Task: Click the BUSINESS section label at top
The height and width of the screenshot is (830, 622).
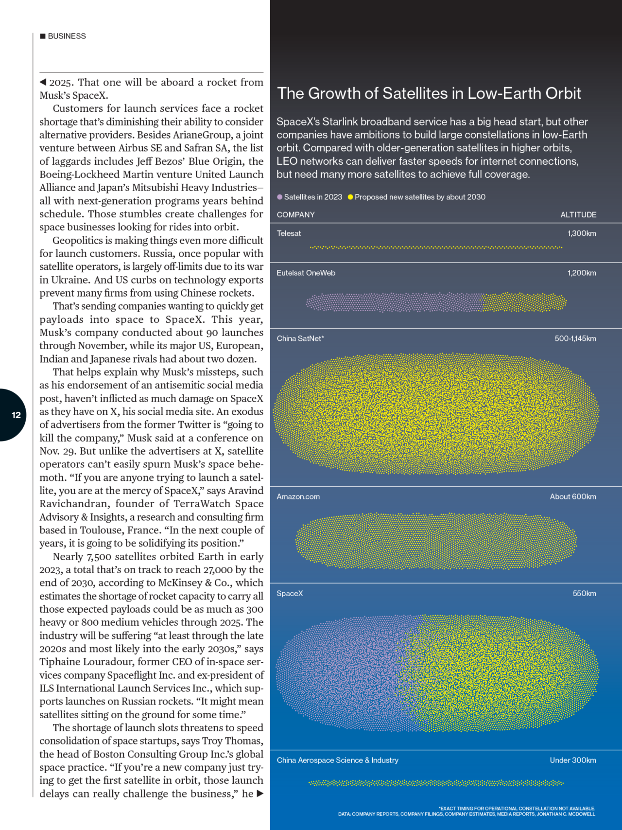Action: click(67, 36)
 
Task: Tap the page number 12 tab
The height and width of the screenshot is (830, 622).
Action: click(16, 415)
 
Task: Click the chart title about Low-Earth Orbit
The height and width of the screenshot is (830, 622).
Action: click(429, 93)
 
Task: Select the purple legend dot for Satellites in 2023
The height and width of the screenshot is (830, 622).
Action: click(280, 197)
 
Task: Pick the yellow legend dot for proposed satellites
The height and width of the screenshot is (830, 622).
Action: click(350, 197)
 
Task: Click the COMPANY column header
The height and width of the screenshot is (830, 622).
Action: click(295, 214)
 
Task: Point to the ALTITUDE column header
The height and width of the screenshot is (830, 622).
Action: click(578, 214)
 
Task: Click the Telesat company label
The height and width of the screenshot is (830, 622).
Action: click(289, 233)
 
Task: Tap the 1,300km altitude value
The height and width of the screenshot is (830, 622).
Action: click(582, 233)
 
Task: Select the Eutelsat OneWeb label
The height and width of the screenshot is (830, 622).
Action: click(306, 273)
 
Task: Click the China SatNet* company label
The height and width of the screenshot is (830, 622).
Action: click(300, 338)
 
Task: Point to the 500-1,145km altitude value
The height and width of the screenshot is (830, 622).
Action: click(575, 338)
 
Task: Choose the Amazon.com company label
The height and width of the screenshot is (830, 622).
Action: click(298, 496)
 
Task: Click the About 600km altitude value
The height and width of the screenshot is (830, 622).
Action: click(573, 496)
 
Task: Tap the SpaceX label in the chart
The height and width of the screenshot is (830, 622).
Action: click(290, 593)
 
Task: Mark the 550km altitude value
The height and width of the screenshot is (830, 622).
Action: click(584, 593)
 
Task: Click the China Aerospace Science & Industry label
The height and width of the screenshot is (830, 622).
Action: click(337, 760)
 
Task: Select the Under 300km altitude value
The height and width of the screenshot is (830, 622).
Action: click(573, 760)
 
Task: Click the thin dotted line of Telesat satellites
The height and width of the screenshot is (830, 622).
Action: click(436, 247)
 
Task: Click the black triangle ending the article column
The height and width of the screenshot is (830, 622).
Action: click(260, 794)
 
